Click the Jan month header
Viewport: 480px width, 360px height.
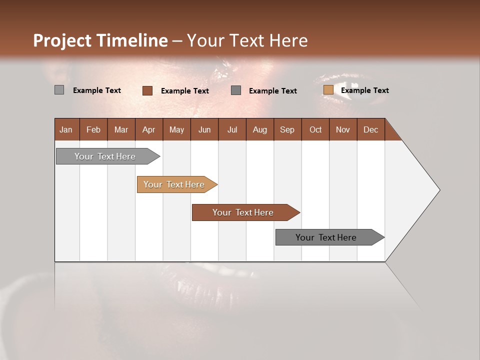[x=66, y=129]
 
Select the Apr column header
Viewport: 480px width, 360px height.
[x=149, y=129]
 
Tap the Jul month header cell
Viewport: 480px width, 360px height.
[x=232, y=129]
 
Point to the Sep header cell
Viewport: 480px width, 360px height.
[x=287, y=129]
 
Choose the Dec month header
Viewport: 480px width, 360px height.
[x=370, y=129]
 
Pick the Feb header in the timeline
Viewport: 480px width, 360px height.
[x=93, y=129]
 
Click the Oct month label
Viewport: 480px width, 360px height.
[x=315, y=129]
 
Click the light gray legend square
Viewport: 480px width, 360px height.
[x=59, y=90]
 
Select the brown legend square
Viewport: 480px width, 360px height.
[x=147, y=90]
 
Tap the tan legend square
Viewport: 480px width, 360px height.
[x=328, y=90]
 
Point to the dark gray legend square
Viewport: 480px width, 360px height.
[x=236, y=90]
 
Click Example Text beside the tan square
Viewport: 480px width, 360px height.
[x=364, y=90]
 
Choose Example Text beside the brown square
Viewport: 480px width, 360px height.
[x=184, y=91]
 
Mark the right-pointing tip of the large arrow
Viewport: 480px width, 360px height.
[x=439, y=190]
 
